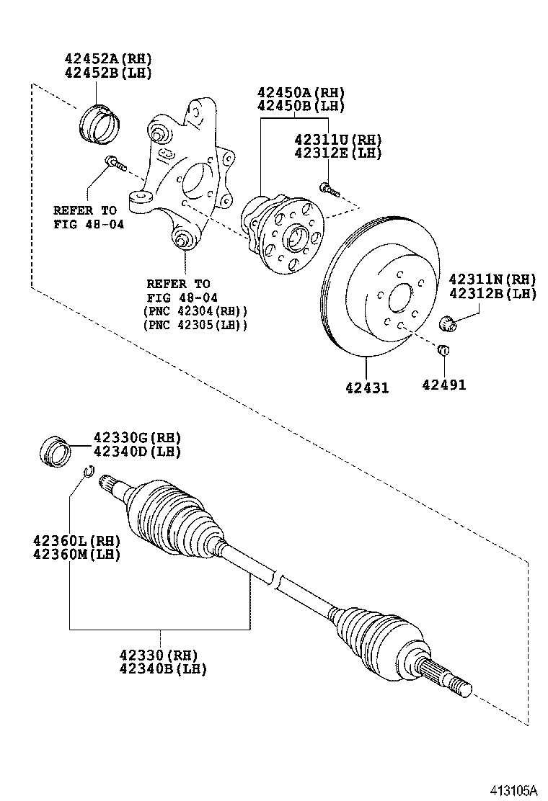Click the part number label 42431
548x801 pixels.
pyautogui.click(x=366, y=388)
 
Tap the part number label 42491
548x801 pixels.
pyautogui.click(x=443, y=385)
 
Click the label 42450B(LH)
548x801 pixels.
pyautogui.click(x=301, y=106)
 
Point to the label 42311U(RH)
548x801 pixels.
pyautogui.click(x=337, y=139)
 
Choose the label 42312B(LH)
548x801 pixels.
pyautogui.click(x=492, y=293)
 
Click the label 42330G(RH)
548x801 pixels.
pyautogui.click(x=137, y=438)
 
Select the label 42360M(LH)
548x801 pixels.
pyautogui.click(x=76, y=554)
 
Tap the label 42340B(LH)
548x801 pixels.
pyautogui.click(x=163, y=668)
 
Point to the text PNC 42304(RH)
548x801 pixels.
pyautogui.click(x=196, y=311)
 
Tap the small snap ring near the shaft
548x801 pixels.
pyautogui.click(x=87, y=472)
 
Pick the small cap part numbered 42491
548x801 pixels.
pyautogui.click(x=444, y=351)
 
